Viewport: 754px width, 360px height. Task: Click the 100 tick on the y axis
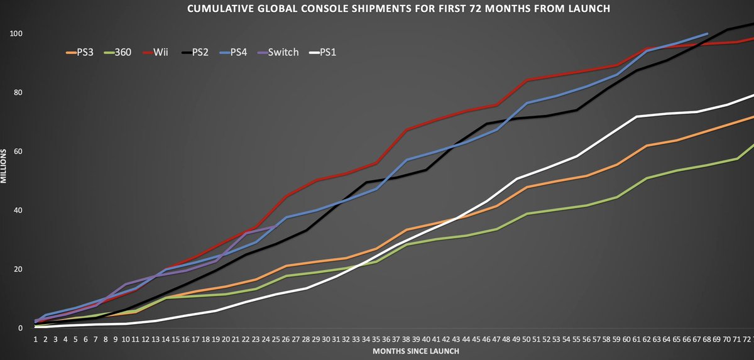point(19,33)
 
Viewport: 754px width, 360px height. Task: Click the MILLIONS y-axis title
point(4,166)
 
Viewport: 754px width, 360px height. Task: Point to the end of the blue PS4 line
point(708,33)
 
